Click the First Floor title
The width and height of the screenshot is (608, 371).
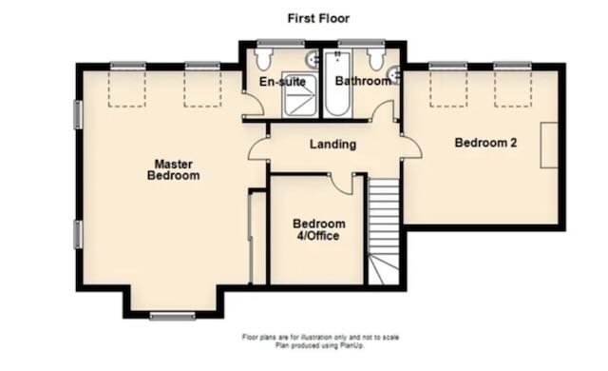[x=318, y=18]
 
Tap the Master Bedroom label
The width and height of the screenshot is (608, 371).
[x=174, y=169]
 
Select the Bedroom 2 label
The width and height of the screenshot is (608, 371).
[x=485, y=143]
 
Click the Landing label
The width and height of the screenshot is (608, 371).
[x=332, y=145]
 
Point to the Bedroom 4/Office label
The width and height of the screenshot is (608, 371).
[x=319, y=230]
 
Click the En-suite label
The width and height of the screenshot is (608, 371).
[x=282, y=82]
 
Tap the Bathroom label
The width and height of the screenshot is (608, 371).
[x=363, y=81]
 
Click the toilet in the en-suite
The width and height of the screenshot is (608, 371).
[x=264, y=58]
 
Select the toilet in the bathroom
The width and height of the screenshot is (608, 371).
[x=375, y=58]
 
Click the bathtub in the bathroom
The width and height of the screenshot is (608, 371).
[x=337, y=83]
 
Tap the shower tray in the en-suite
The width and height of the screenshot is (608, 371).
[x=299, y=94]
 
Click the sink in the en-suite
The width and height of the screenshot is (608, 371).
[x=313, y=59]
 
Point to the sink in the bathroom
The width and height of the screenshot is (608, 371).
[x=395, y=75]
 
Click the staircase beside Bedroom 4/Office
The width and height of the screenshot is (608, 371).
[x=383, y=231]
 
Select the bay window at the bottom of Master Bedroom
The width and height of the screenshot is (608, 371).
[x=173, y=316]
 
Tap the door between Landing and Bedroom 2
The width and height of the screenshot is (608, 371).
[x=411, y=146]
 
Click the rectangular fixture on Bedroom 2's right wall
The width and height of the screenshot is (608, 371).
[x=549, y=146]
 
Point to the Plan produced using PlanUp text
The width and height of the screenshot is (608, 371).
[x=320, y=345]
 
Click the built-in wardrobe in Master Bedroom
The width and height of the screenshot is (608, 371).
[x=257, y=238]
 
